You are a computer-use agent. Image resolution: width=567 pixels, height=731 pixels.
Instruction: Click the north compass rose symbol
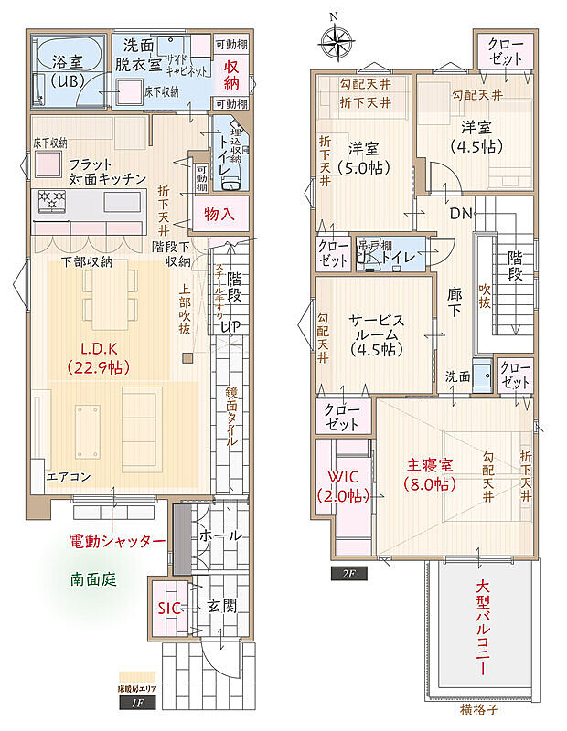pyautogui.click(x=337, y=41)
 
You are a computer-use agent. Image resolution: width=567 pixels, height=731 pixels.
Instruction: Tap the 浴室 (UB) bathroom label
pyautogui.click(x=67, y=71)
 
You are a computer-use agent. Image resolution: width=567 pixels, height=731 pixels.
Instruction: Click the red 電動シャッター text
pyautogui.click(x=118, y=541)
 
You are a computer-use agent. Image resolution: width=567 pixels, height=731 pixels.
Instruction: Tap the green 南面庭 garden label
pyautogui.click(x=93, y=578)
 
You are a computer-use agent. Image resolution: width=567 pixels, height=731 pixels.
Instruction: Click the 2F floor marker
pyautogui.click(x=348, y=573)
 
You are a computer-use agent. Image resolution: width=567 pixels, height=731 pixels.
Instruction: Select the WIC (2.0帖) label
pyautogui.click(x=344, y=486)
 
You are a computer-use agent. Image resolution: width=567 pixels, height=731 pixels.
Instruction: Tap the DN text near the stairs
pyautogui.click(x=461, y=213)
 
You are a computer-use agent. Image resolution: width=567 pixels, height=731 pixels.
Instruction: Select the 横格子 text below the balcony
pyautogui.click(x=479, y=708)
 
